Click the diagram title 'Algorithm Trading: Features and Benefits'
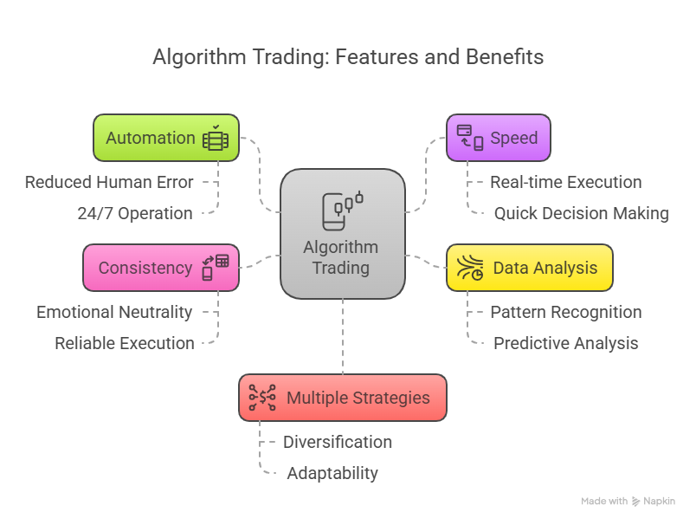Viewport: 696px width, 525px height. point(348,58)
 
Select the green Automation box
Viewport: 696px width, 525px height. point(165,138)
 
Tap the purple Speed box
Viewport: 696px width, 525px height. point(498,138)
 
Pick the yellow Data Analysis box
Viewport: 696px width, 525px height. point(529,268)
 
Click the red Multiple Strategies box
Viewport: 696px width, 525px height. point(342,398)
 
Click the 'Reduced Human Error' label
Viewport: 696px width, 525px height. point(109,183)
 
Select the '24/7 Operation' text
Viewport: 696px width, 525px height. point(135,214)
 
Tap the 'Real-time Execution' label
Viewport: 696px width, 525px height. point(566,183)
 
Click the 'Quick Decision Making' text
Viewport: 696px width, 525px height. point(582,214)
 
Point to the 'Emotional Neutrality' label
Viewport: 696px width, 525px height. point(114,313)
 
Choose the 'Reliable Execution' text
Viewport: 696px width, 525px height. point(125,344)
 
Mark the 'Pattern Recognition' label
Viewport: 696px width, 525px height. point(566,313)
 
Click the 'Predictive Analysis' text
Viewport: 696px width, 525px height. point(566,344)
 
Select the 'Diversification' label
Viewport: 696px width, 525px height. point(338,443)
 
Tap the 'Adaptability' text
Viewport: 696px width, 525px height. point(332,474)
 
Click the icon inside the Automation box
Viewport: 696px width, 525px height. point(216,139)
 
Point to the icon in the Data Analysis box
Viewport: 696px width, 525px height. point(470,268)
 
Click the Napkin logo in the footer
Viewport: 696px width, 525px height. point(636,502)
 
